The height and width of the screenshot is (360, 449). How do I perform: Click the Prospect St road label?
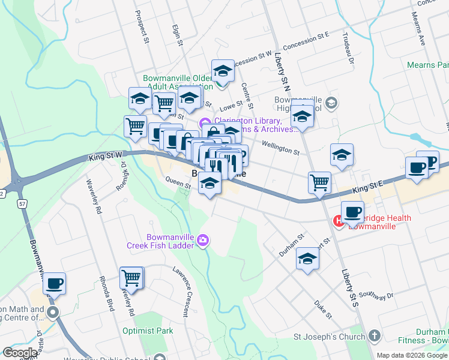pos(142,27)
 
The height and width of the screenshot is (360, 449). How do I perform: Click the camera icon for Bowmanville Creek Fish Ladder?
pos(203,241)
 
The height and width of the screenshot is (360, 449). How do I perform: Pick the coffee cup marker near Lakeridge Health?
pos(352,212)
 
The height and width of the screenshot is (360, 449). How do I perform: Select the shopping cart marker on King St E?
pos(319,182)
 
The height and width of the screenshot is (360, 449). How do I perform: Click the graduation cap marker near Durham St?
pos(308,259)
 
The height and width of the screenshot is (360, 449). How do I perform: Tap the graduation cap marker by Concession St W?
pos(223,71)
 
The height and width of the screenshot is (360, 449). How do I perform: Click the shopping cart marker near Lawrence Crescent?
pos(131,278)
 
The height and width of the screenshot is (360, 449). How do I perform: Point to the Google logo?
pos(20,353)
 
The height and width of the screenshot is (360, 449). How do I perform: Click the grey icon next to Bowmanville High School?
pos(331,104)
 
